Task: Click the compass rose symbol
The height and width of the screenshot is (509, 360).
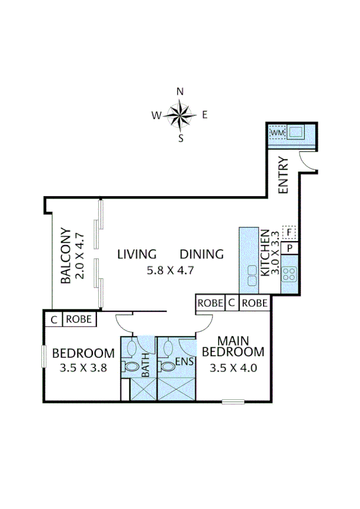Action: pyautogui.click(x=180, y=115)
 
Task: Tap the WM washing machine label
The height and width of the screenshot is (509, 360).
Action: pyautogui.click(x=277, y=132)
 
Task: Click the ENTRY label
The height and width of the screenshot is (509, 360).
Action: pyautogui.click(x=283, y=175)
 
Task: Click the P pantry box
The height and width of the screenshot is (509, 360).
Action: pyautogui.click(x=290, y=248)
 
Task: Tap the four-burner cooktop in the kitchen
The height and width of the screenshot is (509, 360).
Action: pyautogui.click(x=290, y=274)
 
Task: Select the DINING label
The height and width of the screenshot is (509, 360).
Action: pyautogui.click(x=202, y=254)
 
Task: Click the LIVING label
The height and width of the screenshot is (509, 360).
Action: pyautogui.click(x=137, y=254)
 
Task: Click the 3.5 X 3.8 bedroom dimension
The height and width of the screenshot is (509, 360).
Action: pyautogui.click(x=83, y=368)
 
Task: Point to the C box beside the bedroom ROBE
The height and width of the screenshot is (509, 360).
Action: pyautogui.click(x=54, y=320)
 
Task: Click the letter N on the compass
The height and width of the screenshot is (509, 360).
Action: pyautogui.click(x=180, y=91)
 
